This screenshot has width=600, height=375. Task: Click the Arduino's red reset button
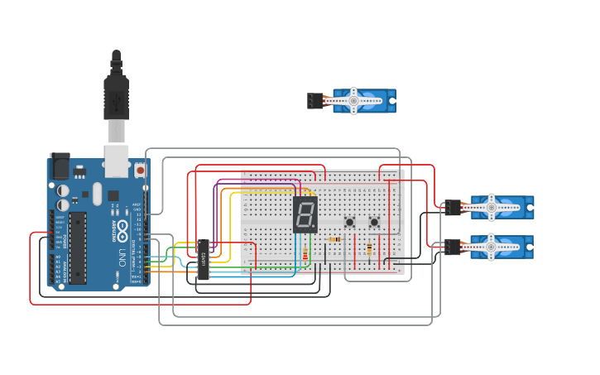[x=140, y=170]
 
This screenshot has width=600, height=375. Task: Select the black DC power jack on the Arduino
[x=60, y=167]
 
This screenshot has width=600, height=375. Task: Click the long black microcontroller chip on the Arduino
[x=77, y=247]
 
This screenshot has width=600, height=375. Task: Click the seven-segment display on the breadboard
[x=305, y=214]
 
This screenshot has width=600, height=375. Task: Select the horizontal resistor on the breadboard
[x=334, y=240]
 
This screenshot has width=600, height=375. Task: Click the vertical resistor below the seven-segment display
[x=305, y=254]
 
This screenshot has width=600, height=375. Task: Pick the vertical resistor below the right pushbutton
[x=369, y=248]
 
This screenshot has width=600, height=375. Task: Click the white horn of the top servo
[x=353, y=101]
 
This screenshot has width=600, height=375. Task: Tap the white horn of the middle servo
[x=492, y=207]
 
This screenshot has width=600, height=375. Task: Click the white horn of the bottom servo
[x=492, y=247]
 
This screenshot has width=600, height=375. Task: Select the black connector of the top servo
[x=315, y=101]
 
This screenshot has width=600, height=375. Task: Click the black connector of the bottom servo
[x=452, y=247]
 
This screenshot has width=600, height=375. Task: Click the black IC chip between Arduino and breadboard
[x=203, y=259]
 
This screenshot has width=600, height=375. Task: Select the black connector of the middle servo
[x=452, y=207]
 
